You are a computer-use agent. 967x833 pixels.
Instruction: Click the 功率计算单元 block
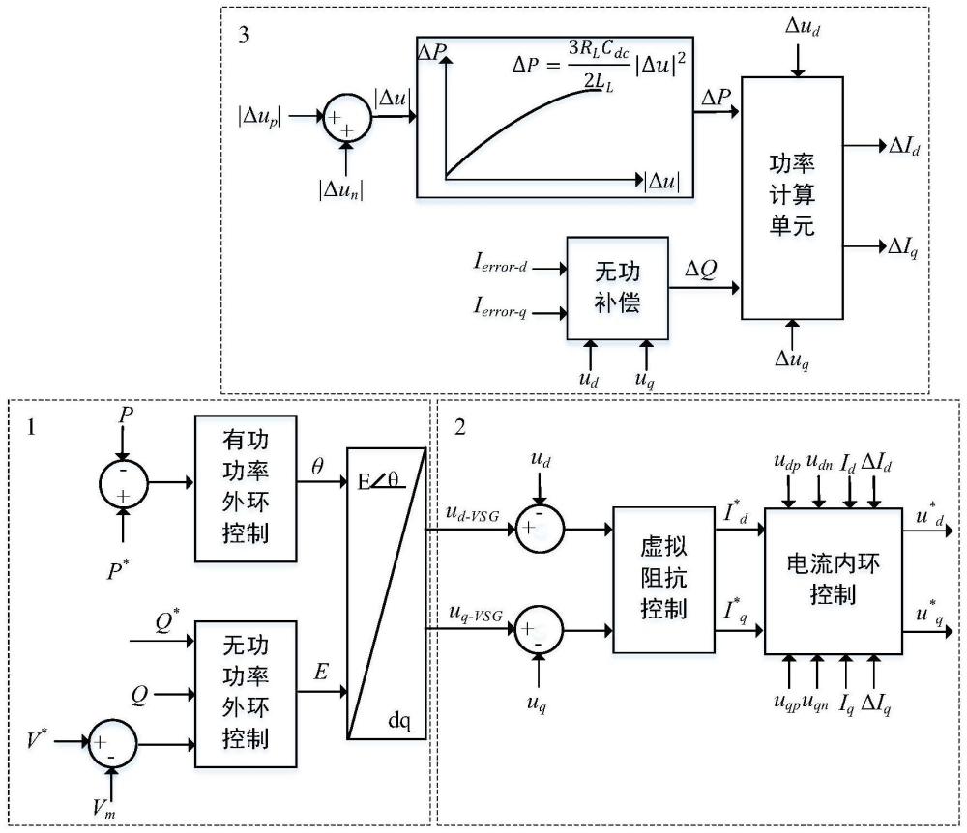[x=792, y=198]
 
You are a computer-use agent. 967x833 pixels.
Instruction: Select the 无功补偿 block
[x=617, y=288]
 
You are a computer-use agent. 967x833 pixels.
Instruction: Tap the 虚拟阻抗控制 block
[x=663, y=580]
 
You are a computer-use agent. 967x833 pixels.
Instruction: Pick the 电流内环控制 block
[x=834, y=581]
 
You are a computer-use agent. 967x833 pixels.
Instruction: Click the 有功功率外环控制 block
[x=246, y=489]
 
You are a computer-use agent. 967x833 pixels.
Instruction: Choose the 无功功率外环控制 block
[x=246, y=694]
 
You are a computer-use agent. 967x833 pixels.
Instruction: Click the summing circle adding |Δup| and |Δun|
[x=347, y=117]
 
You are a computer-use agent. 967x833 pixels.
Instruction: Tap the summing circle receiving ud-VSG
[x=540, y=528]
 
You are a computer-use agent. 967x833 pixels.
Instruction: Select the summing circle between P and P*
[x=124, y=484]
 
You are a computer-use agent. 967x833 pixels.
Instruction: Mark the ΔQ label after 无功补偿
[x=701, y=270]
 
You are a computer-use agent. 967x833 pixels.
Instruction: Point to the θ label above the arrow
[x=317, y=467]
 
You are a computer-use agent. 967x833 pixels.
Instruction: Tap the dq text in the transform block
[x=399, y=720]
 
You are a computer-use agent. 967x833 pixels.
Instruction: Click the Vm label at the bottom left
[x=104, y=807]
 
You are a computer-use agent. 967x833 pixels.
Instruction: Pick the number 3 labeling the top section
[x=244, y=35]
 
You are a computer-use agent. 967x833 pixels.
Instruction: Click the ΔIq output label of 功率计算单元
[x=903, y=247]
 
